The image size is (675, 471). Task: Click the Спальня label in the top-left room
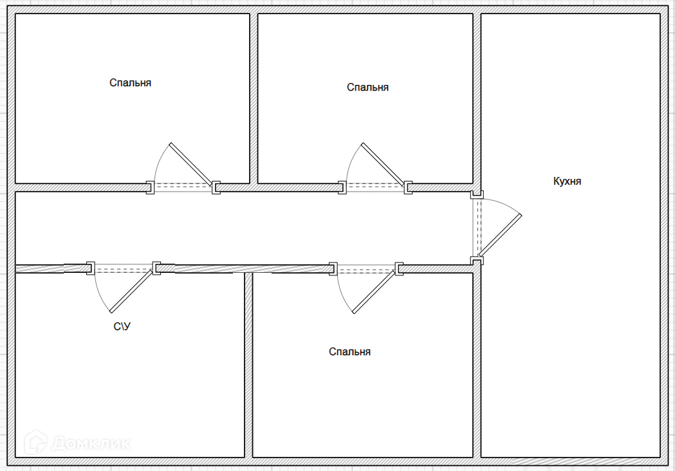(130, 82)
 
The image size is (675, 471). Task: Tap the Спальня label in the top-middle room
(367, 88)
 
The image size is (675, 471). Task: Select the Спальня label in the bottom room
(349, 352)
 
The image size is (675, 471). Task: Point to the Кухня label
(567, 181)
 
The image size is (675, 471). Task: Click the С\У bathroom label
(122, 327)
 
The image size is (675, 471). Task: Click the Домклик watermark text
(91, 443)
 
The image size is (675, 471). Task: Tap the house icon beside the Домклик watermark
(36, 442)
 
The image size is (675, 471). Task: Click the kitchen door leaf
(500, 236)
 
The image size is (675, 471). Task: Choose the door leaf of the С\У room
(132, 291)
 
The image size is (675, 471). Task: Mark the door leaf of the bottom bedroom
(374, 291)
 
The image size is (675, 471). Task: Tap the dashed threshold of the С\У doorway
(124, 270)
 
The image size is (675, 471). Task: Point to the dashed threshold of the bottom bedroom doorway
(366, 270)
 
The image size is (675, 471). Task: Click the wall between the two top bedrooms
(254, 98)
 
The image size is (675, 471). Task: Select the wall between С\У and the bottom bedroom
(248, 365)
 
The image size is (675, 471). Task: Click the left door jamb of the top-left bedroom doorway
(150, 187)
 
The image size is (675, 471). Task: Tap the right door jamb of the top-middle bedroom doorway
(408, 187)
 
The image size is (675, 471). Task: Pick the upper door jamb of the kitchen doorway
(477, 194)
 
